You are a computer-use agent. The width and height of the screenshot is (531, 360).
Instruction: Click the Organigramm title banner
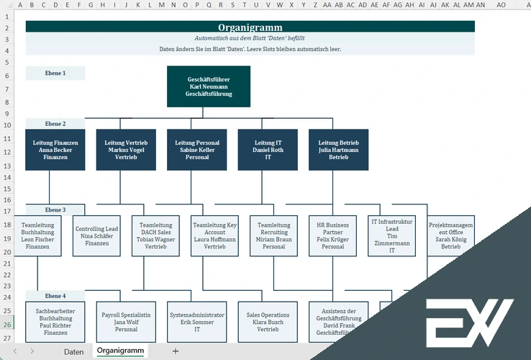(x=250, y=27)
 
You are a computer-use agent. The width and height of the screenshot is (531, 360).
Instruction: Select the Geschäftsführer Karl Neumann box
(x=209, y=86)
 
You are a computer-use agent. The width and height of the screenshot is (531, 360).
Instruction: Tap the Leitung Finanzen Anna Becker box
(x=55, y=150)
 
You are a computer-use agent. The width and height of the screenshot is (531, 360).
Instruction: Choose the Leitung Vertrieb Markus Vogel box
(x=126, y=150)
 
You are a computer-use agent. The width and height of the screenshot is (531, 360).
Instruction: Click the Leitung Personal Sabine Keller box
(x=196, y=150)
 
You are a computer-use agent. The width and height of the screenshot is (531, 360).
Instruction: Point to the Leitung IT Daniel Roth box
(x=268, y=150)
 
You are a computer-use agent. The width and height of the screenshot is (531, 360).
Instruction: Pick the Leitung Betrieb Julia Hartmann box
(x=338, y=150)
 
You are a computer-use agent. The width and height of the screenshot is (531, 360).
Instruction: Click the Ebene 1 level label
(x=55, y=73)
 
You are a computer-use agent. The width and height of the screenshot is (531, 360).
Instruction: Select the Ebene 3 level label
(x=55, y=210)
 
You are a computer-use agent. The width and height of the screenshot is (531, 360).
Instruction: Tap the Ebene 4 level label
(x=55, y=296)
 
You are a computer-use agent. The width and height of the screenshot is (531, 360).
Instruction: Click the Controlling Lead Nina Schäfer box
(x=97, y=235)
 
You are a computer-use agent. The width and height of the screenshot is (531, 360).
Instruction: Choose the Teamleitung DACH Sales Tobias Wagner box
(x=155, y=235)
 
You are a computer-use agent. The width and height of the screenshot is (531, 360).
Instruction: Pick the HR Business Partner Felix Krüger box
(x=332, y=235)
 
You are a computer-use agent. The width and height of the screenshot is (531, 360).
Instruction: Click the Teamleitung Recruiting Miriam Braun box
(x=273, y=235)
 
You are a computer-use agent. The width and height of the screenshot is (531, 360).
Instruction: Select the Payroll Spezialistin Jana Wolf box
(x=126, y=322)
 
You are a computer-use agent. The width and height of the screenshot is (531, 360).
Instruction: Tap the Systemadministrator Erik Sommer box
(x=196, y=322)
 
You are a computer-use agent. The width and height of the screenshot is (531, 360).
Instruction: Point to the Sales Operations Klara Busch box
(x=268, y=322)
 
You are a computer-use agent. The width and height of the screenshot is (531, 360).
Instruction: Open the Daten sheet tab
(x=73, y=351)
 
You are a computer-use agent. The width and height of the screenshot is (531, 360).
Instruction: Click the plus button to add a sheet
(x=175, y=351)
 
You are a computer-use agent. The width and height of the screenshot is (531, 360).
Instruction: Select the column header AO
(x=501, y=4)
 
